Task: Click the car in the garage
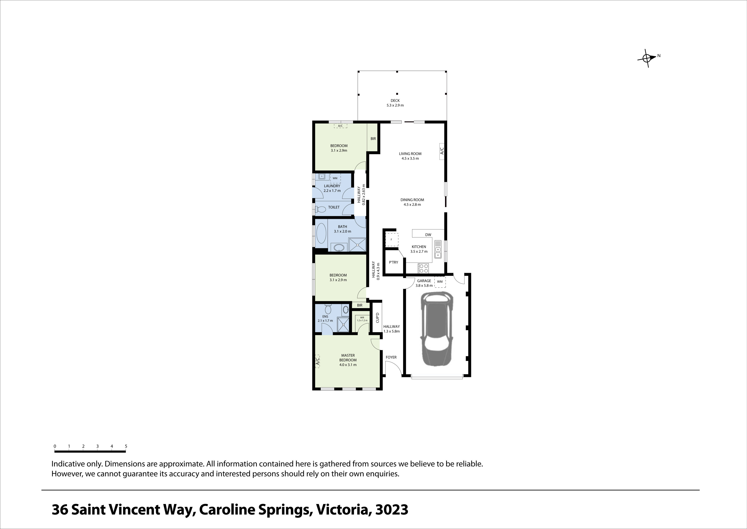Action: click(436, 329)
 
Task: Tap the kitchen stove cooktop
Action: click(423, 268)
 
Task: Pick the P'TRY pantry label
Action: click(393, 262)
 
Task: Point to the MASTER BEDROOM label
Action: click(348, 358)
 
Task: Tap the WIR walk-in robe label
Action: click(362, 317)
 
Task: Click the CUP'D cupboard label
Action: click(377, 318)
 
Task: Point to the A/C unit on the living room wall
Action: click(442, 151)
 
